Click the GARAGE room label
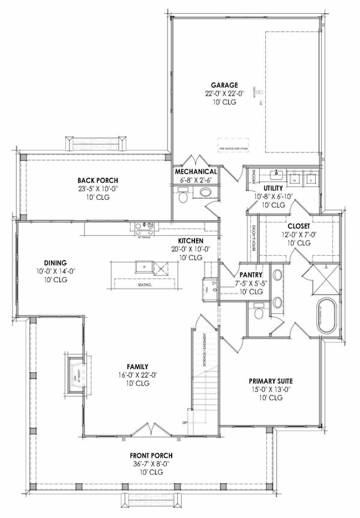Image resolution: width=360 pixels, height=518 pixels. tap(223, 85)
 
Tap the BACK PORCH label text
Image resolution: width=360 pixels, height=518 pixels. tap(98, 180)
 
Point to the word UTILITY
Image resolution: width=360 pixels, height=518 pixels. tap(265, 188)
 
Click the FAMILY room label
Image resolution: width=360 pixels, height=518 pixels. tap(137, 367)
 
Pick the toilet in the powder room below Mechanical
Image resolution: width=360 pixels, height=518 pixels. tap(186, 194)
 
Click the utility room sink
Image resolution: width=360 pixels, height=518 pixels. tap(277, 175)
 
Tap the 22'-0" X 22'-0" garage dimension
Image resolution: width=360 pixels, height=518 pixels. tap(223, 94)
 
